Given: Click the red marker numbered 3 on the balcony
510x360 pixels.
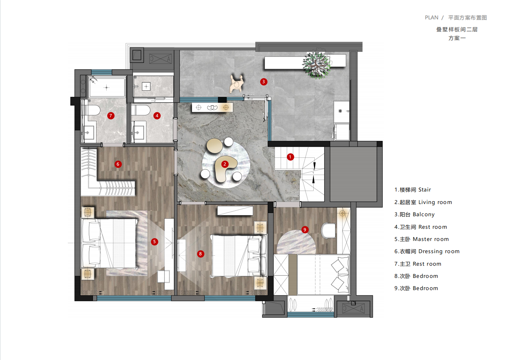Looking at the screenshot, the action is pos(263,82).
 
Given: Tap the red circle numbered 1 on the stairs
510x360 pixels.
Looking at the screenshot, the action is pos(290,157).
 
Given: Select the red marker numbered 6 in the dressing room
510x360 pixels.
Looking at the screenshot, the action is pos(118,164).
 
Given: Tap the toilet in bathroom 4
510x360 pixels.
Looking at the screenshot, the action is pos(141,110).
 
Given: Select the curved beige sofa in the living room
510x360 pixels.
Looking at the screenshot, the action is pos(225,168).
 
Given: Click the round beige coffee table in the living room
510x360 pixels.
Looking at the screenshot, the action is pos(215,146).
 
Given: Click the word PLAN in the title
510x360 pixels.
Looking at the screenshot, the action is pos(431,18).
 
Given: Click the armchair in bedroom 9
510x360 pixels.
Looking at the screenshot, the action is pos(328,231).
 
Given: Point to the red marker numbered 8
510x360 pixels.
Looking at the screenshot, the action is pos(200,254).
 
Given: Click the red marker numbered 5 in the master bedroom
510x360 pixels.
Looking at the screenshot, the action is pos(154,242).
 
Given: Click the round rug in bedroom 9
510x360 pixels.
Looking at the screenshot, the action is pos(296,242).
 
